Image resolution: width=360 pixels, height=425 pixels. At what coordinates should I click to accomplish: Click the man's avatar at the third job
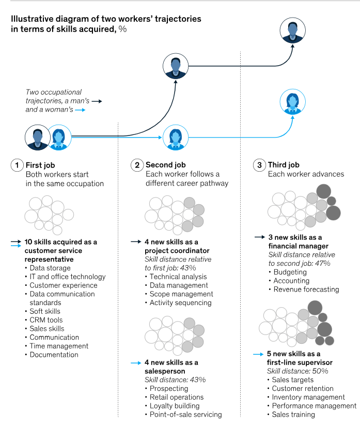[293, 31]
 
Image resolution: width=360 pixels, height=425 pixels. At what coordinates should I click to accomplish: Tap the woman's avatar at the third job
[293, 102]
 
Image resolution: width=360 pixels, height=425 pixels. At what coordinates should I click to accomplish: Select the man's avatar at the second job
[176, 66]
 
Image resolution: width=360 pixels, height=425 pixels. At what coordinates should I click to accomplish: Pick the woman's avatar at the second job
[176, 138]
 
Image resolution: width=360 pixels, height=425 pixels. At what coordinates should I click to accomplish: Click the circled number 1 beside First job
[17, 165]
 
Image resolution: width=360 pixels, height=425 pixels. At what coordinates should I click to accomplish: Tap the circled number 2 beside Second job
[137, 165]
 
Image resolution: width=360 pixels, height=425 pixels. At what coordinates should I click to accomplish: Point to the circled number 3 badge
[259, 165]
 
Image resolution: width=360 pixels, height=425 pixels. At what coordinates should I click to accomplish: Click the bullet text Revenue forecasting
[306, 290]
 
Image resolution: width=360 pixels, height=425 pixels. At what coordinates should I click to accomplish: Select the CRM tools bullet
[46, 320]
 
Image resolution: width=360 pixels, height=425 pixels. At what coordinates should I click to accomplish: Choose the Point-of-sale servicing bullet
[186, 415]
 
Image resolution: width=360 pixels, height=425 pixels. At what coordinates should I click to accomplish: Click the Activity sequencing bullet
[181, 303]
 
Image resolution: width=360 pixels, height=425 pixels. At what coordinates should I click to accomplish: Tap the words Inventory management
[308, 397]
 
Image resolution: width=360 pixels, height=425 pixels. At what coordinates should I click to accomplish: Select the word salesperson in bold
[165, 371]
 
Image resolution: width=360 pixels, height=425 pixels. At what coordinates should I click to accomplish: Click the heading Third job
[284, 165]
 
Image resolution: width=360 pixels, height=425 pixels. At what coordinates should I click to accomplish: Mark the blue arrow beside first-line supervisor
[258, 354]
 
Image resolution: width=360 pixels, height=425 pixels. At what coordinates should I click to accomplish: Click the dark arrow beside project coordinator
[136, 241]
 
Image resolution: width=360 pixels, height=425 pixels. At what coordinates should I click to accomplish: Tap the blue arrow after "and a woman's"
[80, 110]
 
